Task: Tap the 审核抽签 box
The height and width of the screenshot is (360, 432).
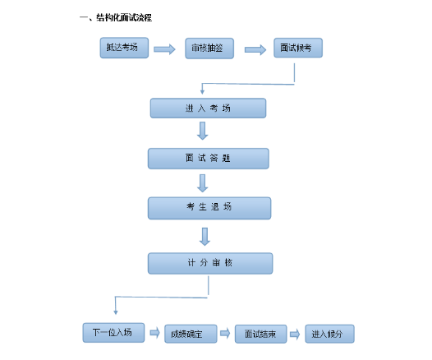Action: pyautogui.click(x=209, y=48)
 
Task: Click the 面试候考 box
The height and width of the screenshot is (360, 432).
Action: pyautogui.click(x=295, y=48)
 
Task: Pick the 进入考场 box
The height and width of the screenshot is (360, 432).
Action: pyautogui.click(x=208, y=108)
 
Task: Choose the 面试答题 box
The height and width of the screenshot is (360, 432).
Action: pyautogui.click(x=208, y=158)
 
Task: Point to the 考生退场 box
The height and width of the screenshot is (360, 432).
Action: pyautogui.click(x=208, y=208)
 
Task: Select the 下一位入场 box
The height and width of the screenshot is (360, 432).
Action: pyautogui.click(x=113, y=332)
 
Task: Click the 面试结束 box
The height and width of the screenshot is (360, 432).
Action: pyautogui.click(x=260, y=334)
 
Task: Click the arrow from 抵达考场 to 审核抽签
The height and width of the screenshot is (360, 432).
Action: pyautogui.click(x=164, y=49)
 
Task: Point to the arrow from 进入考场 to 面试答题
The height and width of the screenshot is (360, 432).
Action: pyautogui.click(x=203, y=132)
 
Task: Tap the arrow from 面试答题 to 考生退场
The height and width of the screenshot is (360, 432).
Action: pyautogui.click(x=203, y=182)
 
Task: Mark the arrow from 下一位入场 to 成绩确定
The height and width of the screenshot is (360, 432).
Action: pyautogui.click(x=153, y=333)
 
